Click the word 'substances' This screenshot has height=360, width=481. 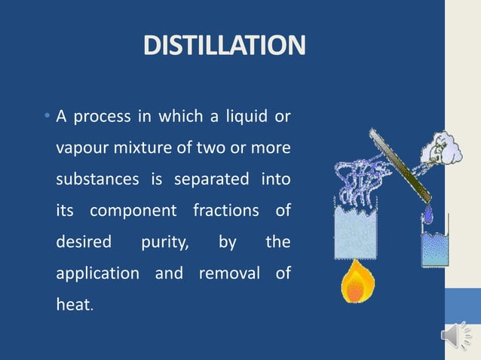97,180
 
